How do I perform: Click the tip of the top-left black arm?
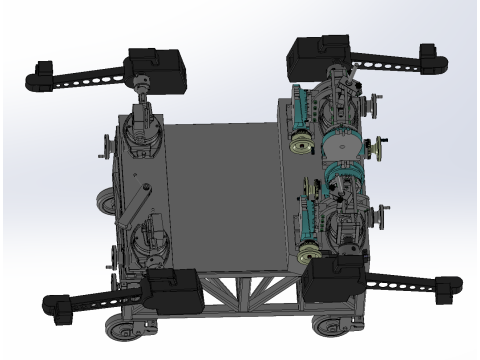pyautogui.click(x=39, y=73)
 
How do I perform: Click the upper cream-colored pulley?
pyautogui.click(x=297, y=145)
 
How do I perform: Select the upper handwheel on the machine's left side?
pyautogui.click(x=104, y=153)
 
